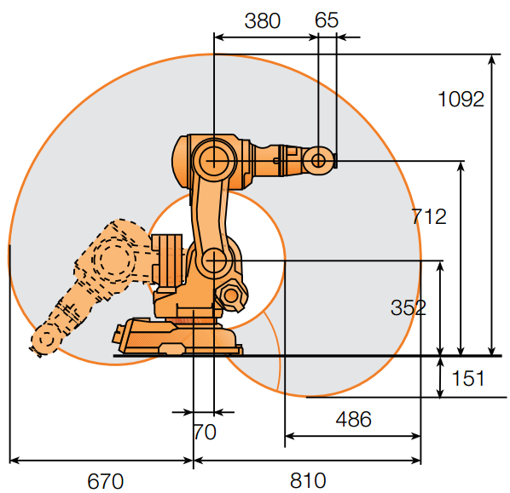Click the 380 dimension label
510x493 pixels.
tap(262, 20)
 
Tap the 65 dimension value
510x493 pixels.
tap(327, 20)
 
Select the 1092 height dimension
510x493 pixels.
tap(461, 99)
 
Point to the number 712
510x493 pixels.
tap(429, 216)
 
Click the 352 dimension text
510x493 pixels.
tap(409, 307)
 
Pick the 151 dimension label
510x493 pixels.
tap(468, 378)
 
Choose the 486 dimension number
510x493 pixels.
tap(354, 419)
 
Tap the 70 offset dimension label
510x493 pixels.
tap(205, 432)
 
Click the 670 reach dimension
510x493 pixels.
tap(106, 481)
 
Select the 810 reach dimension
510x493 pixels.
tap(308, 480)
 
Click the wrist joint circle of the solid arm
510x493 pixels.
tap(318, 160)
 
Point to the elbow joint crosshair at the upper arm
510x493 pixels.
tap(214, 160)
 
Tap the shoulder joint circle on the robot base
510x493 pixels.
tap(214, 261)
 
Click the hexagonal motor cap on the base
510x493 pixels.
tap(231, 295)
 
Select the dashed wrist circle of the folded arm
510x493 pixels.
tap(47, 339)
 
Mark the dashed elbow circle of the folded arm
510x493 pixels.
tap(113, 260)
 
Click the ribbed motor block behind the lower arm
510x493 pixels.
tap(167, 260)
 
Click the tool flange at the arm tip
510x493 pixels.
tap(335, 160)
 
